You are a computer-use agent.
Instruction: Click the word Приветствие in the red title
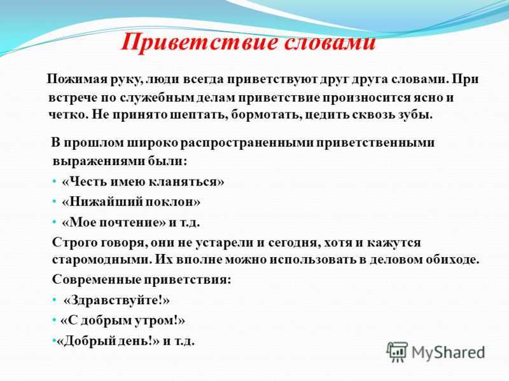[x=198, y=43]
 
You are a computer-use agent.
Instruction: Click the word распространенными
[x=247, y=144]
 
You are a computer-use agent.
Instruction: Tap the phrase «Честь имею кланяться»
[x=143, y=182]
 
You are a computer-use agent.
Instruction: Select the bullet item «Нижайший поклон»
[x=131, y=202]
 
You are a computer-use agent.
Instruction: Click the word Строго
[x=74, y=243]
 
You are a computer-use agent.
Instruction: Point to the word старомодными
[x=101, y=260]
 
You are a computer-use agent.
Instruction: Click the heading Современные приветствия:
[x=141, y=279]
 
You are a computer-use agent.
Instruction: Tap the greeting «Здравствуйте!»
[x=116, y=300]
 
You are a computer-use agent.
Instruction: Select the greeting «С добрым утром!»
[x=123, y=321]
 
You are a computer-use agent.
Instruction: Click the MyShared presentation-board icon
[x=396, y=352]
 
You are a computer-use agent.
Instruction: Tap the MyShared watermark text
[x=449, y=352]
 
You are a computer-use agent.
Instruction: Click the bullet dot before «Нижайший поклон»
[x=54, y=202]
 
